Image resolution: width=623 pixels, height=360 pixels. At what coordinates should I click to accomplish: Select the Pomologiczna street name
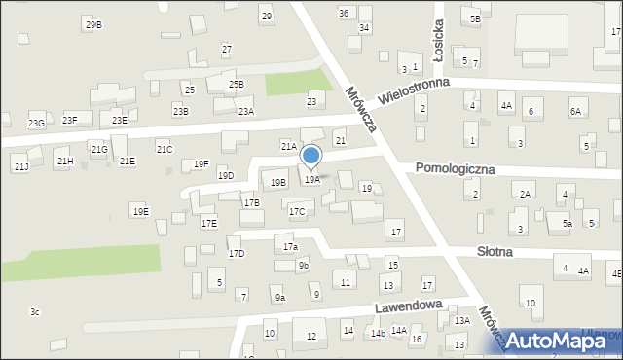[455, 168]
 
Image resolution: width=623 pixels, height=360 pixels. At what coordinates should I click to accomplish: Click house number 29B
[93, 24]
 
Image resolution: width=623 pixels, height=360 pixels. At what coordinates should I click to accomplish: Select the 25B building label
[237, 85]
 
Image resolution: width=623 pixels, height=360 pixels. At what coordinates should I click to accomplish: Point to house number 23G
[36, 124]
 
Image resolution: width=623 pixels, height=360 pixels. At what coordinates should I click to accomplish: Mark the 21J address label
[21, 167]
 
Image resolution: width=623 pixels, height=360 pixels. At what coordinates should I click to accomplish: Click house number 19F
[201, 163]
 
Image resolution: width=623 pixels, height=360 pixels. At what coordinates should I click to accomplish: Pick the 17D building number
[237, 254]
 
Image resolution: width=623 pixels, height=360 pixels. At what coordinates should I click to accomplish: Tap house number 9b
[304, 266]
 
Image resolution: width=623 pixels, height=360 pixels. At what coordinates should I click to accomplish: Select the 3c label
[34, 312]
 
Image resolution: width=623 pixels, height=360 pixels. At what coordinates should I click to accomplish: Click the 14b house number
[377, 334]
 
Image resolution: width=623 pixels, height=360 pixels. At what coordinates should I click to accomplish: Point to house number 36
[344, 13]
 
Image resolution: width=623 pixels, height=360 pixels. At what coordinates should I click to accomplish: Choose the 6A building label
[575, 113]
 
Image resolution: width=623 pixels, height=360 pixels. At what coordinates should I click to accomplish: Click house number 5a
[566, 224]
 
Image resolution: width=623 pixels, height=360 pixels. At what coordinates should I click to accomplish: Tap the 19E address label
[140, 211]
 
